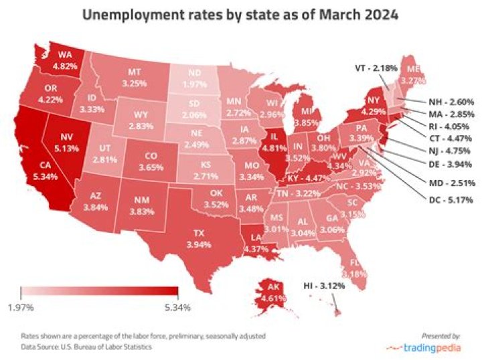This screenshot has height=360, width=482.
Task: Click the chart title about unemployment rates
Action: (240, 15)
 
